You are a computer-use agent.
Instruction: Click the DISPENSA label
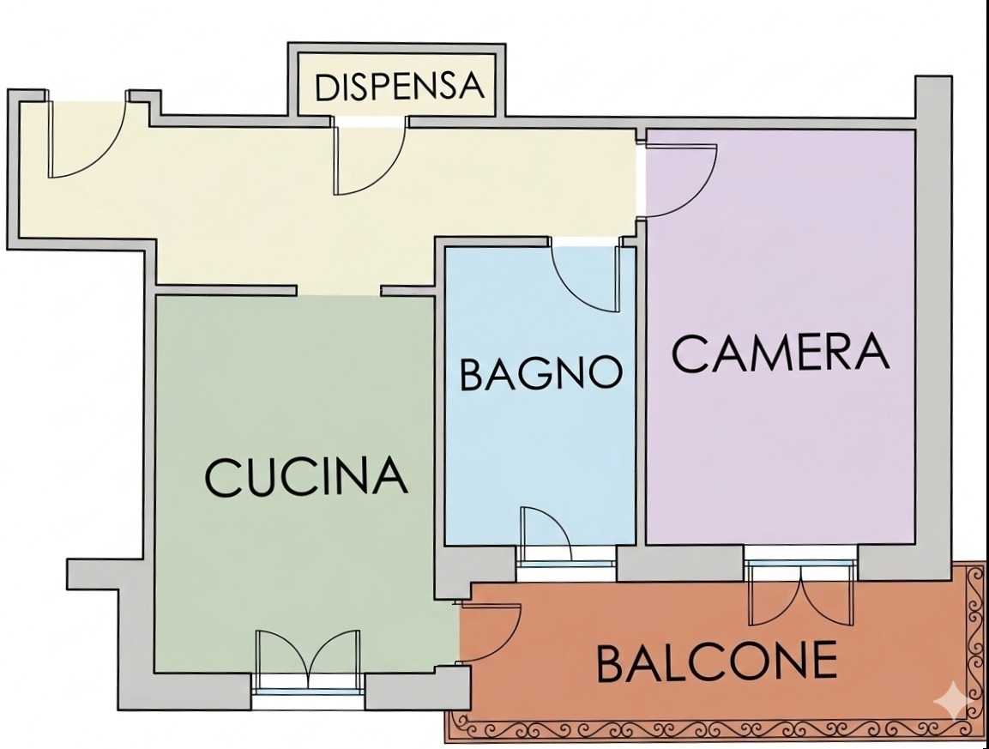(x=400, y=87)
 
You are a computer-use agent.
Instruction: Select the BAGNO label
(x=541, y=373)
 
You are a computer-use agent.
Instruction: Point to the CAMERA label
(x=781, y=353)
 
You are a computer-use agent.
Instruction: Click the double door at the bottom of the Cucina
(x=309, y=656)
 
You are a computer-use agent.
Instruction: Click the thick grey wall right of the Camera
(x=933, y=328)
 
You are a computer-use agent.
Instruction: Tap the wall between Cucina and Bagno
(x=439, y=416)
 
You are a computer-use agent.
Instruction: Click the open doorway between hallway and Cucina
(x=340, y=291)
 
